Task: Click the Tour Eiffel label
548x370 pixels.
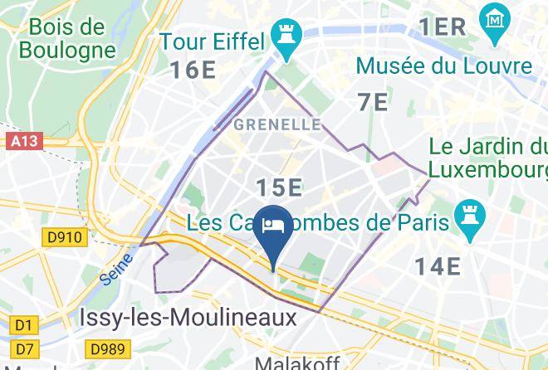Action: click(212, 41)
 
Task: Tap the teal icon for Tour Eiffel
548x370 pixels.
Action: click(288, 42)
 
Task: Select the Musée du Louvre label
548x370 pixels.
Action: click(443, 65)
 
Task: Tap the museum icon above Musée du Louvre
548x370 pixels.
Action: click(493, 17)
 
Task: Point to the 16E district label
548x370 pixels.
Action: click(193, 70)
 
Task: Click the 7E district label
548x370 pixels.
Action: click(373, 102)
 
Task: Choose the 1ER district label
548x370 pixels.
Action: click(442, 27)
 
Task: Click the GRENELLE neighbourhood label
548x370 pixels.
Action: click(277, 124)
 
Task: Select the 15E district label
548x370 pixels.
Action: click(278, 187)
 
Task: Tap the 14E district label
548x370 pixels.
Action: click(438, 265)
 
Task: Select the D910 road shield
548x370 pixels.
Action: click(64, 238)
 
